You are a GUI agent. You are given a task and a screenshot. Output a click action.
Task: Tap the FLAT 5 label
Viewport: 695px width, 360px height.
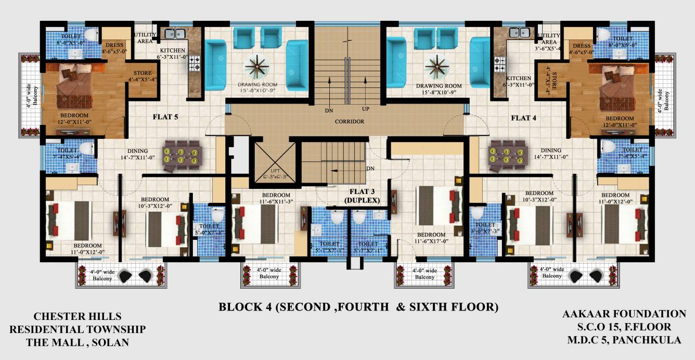pos(165,117)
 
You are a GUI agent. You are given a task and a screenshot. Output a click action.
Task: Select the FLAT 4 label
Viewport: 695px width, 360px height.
pos(523,118)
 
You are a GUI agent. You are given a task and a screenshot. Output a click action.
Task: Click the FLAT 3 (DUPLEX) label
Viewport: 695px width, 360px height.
pos(361,196)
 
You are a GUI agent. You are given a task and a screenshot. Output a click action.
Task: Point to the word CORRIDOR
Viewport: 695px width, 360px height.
pos(350,121)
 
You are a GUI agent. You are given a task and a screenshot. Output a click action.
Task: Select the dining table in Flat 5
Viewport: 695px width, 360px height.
pos(182,156)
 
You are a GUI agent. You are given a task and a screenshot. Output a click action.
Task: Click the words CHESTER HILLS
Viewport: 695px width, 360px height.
pos(78,316)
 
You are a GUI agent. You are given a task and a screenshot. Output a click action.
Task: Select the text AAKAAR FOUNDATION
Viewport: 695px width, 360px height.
pos(624,314)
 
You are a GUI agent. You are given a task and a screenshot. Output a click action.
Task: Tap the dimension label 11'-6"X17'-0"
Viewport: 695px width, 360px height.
pos(431,241)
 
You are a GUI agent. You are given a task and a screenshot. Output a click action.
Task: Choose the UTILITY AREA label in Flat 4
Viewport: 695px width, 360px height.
pos(549,39)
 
